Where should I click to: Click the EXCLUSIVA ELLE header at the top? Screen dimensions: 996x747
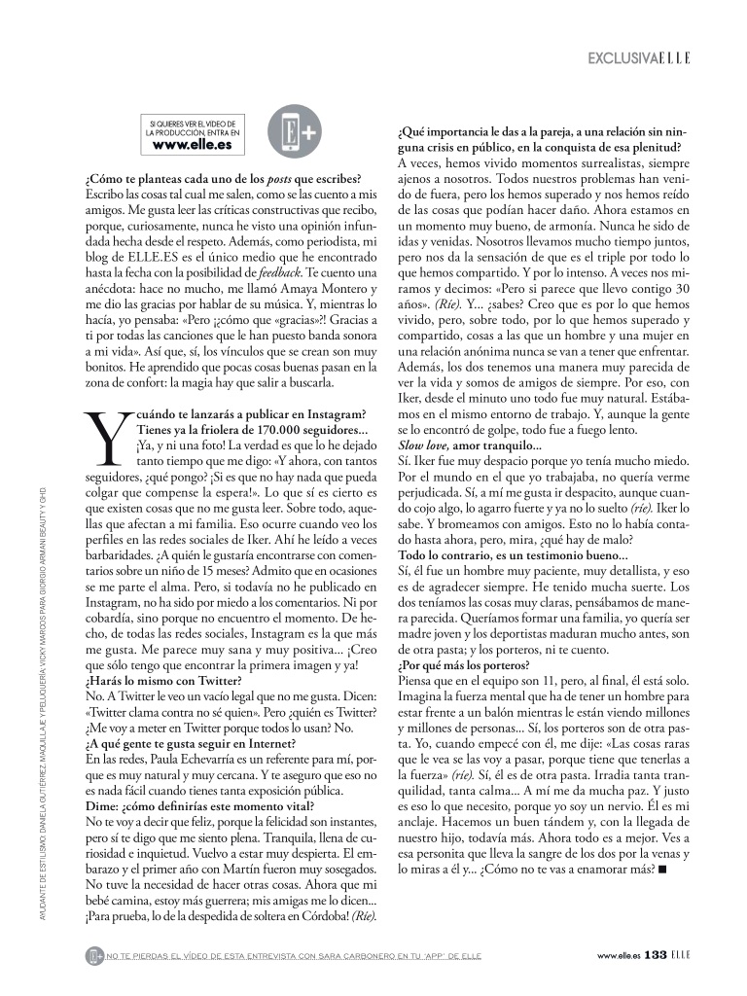[x=639, y=58]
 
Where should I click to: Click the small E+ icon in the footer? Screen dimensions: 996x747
[x=94, y=955]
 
